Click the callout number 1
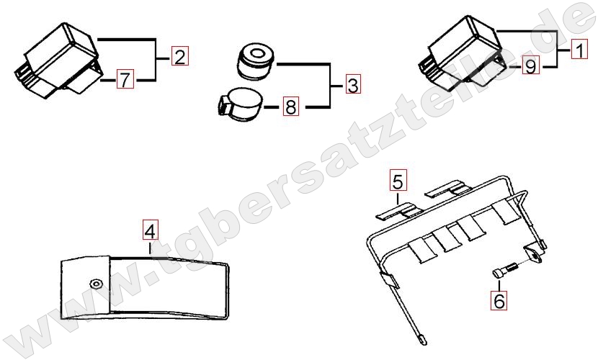pos(579,50)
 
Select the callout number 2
pos(179,56)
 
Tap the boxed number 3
pos(353,84)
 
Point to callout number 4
pos(151,230)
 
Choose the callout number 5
pos(398,181)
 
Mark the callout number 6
pos(499,300)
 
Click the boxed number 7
pos(125,79)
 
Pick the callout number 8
pos(290,107)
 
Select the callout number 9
pos(531,66)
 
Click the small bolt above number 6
pos(504,270)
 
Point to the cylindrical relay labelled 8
pos(240,104)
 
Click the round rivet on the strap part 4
pos(95,284)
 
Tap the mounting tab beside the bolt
pos(534,253)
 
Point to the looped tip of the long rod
pos(421,339)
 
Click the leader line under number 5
pos(398,198)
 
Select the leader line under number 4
pos(151,248)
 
